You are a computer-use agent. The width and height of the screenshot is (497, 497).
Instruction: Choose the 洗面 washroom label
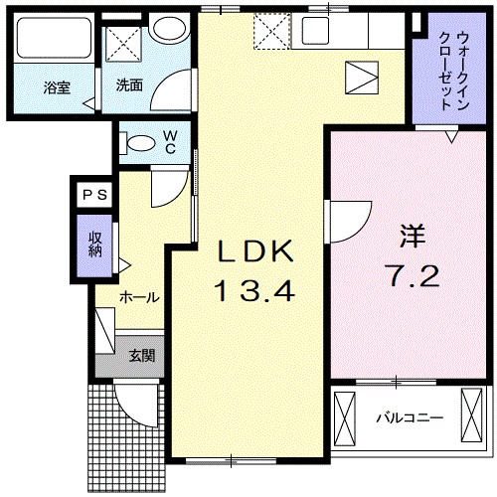point(129,85)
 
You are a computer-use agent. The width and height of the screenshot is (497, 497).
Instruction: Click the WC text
point(170,141)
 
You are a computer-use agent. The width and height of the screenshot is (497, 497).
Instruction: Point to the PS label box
point(94,196)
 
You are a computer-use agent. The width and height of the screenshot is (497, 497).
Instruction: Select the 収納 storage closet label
point(95,245)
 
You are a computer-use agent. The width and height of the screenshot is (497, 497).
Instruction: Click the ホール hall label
point(139,296)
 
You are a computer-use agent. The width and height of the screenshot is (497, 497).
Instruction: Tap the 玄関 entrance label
point(139,355)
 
